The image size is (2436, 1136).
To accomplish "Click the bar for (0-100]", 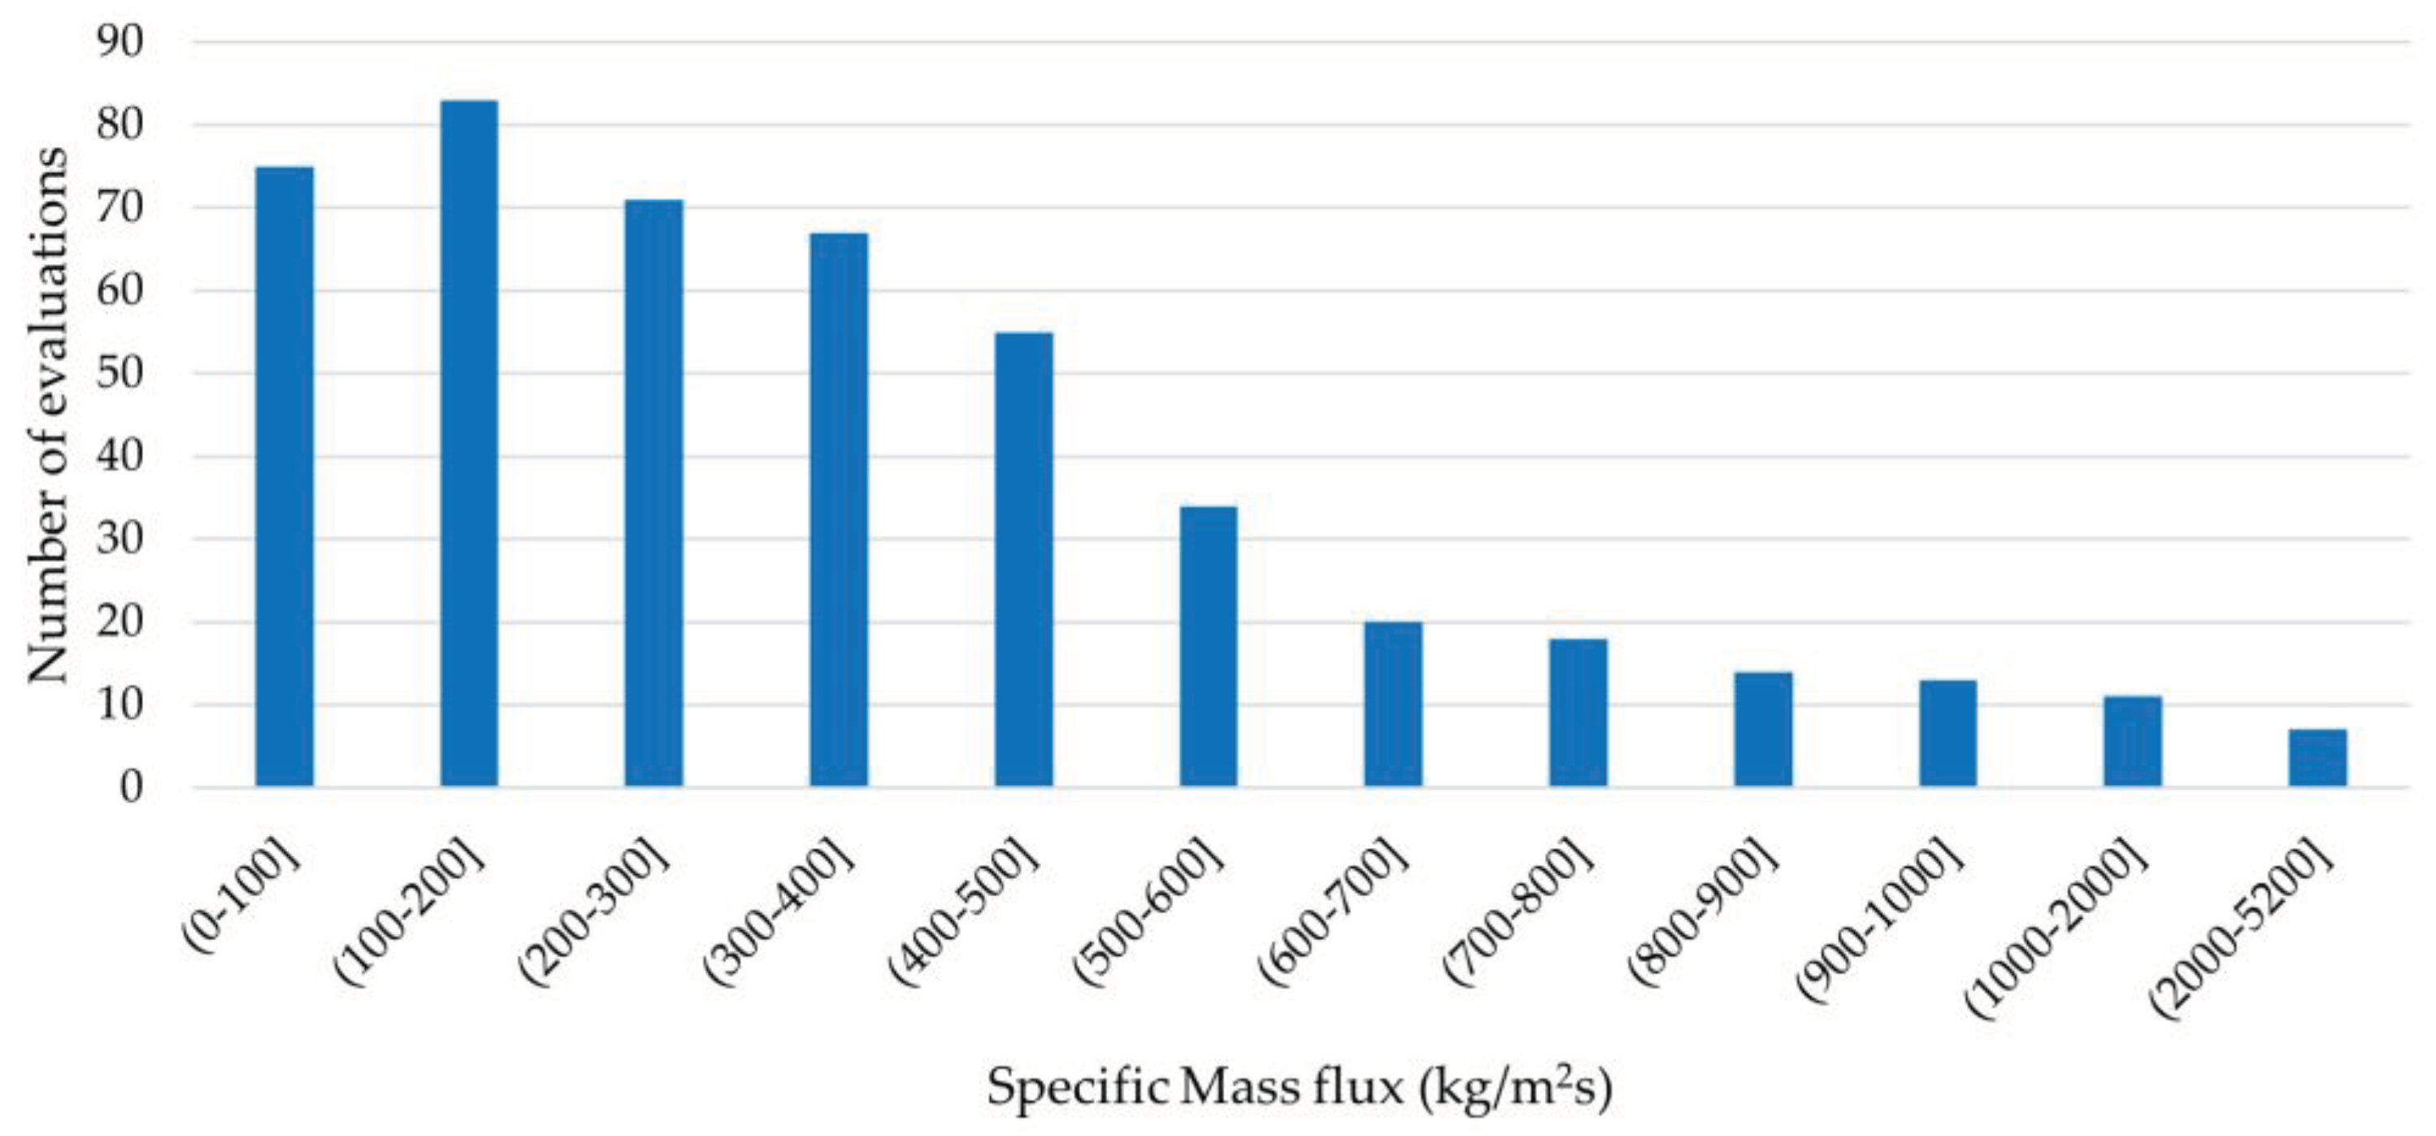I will (284, 477).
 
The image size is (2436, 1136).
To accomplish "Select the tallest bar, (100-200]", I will (469, 444).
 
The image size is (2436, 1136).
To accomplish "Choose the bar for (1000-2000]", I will (2133, 742).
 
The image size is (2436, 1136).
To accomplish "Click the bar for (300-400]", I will (839, 510).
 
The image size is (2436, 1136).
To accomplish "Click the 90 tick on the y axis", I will (120, 41).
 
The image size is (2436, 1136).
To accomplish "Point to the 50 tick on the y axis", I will (120, 373).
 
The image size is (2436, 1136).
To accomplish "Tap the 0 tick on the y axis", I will (132, 787).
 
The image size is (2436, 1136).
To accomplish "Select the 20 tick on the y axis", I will (120, 622).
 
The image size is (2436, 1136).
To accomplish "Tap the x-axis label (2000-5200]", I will (2241, 932).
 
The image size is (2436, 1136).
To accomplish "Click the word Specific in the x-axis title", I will (1077, 1088).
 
